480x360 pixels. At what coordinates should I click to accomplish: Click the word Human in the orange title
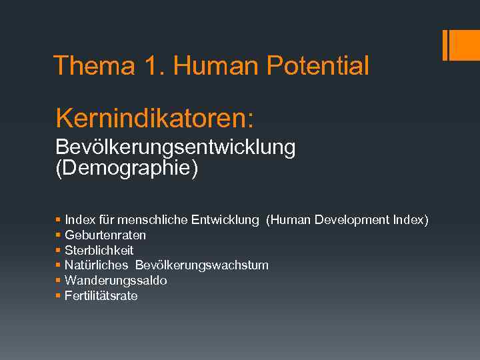pos(217,65)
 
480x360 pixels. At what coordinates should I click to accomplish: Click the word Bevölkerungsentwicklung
pos(175,148)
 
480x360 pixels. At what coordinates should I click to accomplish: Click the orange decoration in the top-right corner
pos(461,45)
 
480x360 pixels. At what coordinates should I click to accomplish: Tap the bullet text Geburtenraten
pos(105,235)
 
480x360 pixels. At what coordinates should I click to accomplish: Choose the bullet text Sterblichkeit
pos(99,250)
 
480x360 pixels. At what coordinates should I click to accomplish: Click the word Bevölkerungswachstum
pos(202,265)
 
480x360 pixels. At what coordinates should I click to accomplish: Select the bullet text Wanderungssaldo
pos(115,281)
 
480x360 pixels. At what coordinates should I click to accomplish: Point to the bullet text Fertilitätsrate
pos(101,296)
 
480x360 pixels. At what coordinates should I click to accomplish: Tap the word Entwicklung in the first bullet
pos(225,219)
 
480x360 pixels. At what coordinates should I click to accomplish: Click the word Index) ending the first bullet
pos(411,219)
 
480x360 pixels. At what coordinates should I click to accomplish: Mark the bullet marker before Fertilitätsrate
pos(59,296)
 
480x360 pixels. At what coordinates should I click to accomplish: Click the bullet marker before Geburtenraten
pos(59,235)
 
